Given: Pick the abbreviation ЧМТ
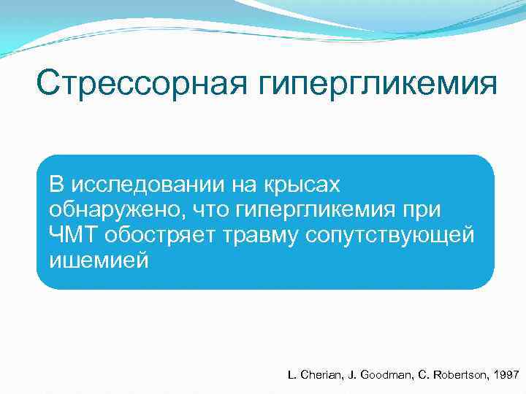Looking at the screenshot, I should tap(74, 235).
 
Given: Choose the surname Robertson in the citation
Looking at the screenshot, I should tap(456, 374).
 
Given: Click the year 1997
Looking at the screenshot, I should tap(505, 374).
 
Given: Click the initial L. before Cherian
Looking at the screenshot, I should tap(292, 374).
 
